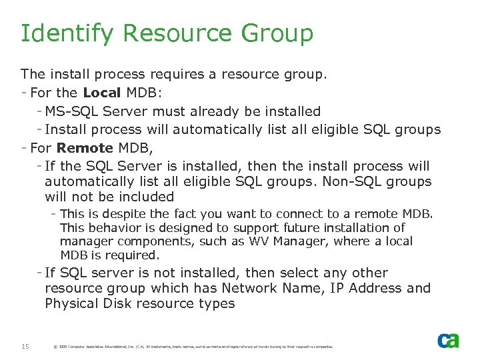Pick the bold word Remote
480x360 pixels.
coord(84,147)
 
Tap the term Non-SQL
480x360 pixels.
coord(353,181)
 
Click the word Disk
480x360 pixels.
coord(120,303)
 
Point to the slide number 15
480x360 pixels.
coord(25,345)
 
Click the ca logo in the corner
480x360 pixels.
coord(448,341)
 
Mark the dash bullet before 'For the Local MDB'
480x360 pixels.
coord(24,92)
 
